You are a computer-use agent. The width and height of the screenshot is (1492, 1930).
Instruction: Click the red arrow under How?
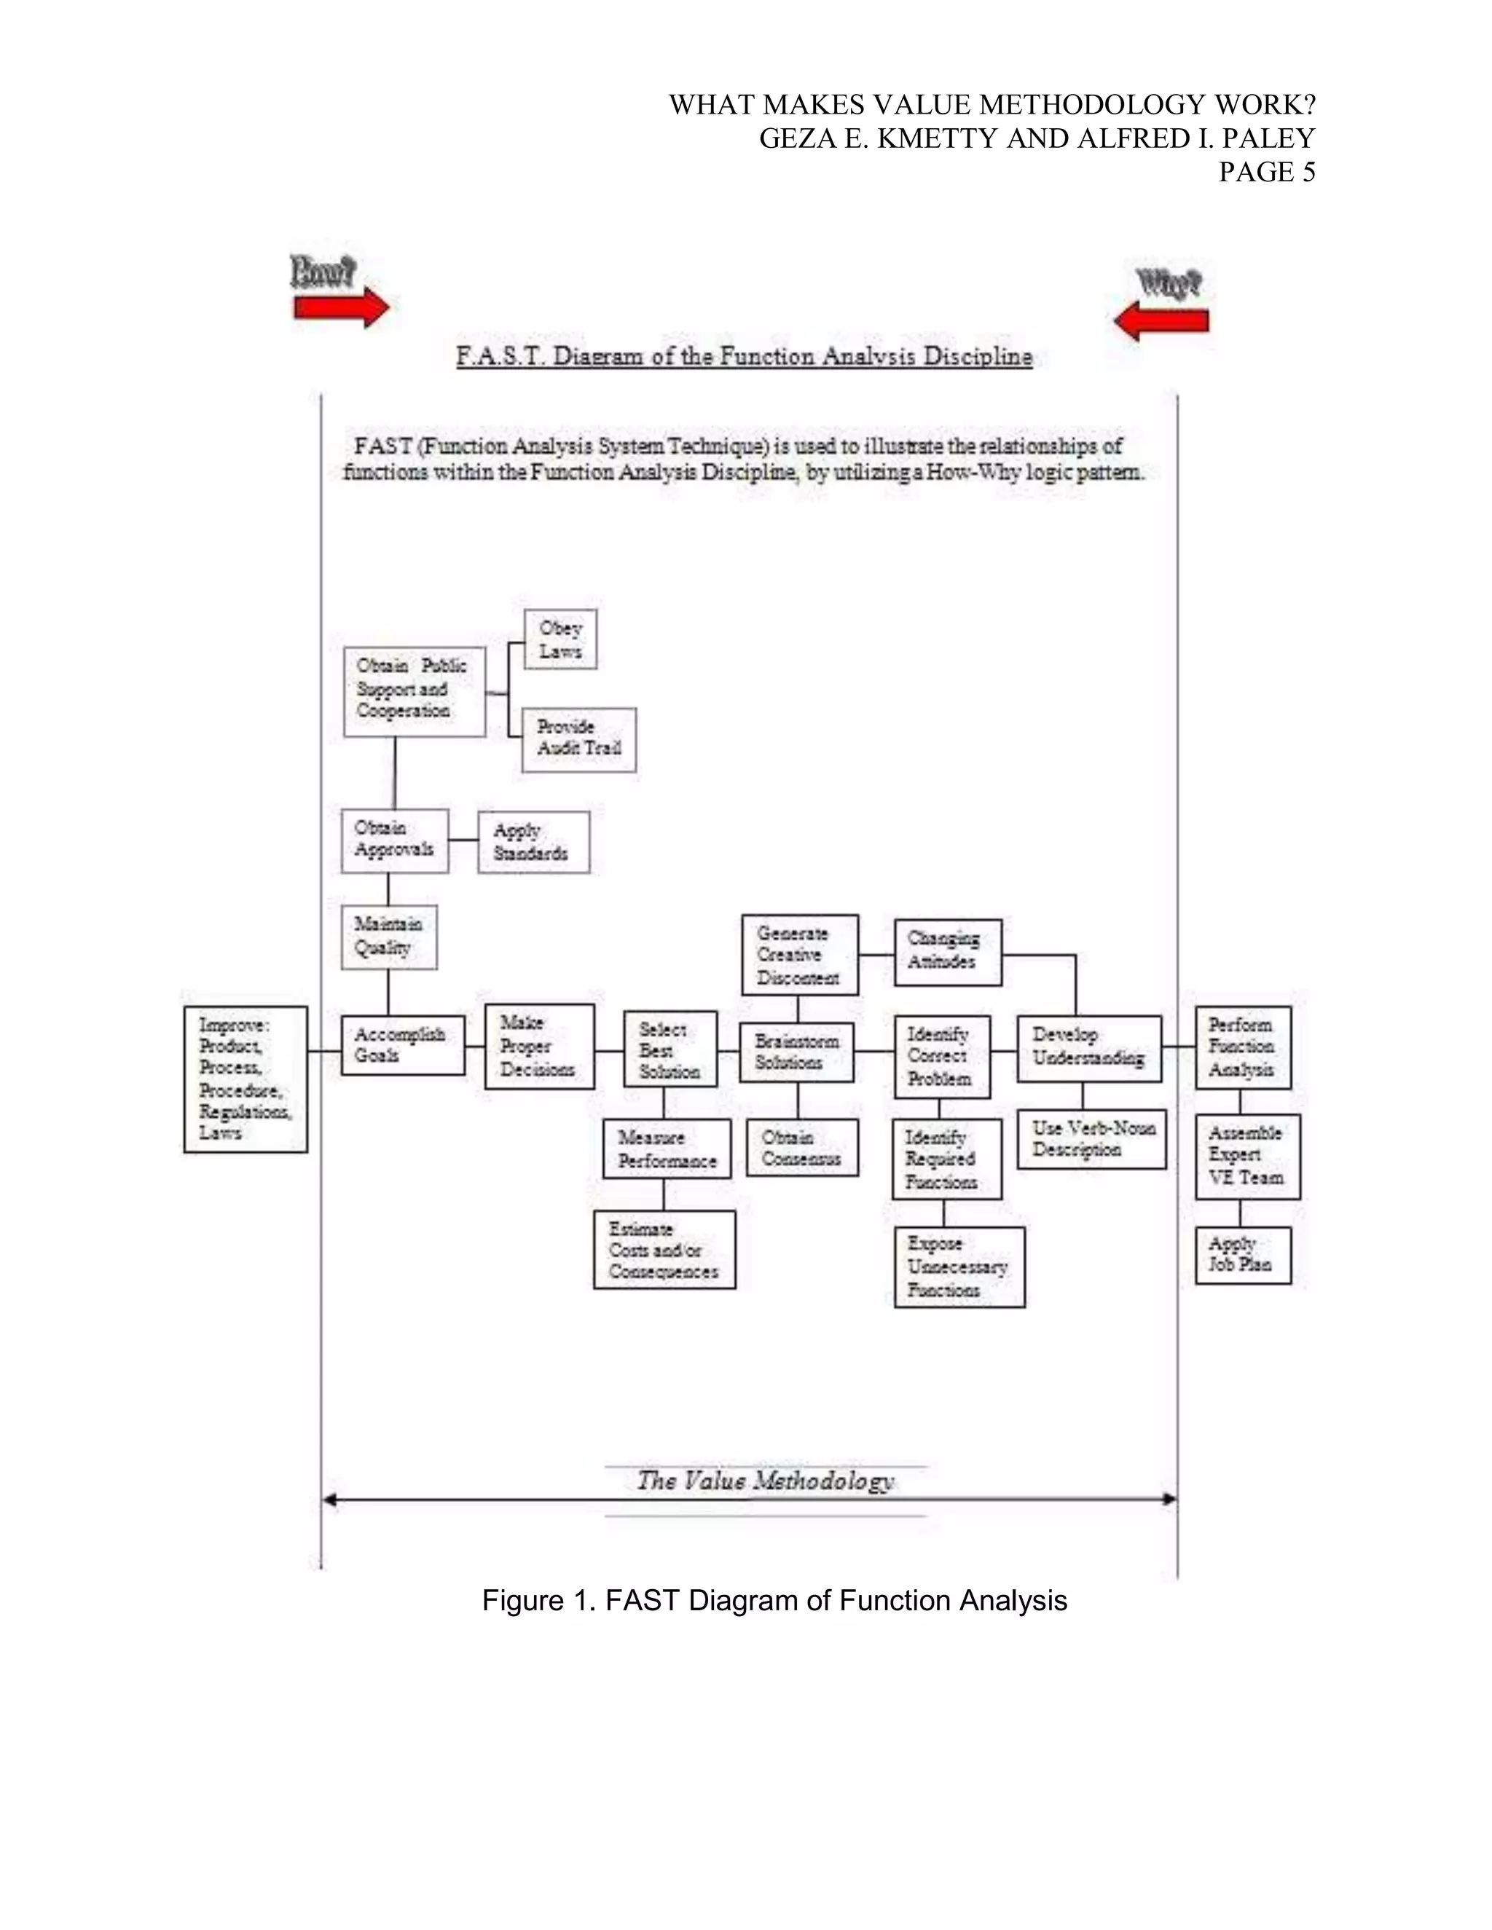341,308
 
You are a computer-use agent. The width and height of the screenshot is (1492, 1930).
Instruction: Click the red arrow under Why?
1161,320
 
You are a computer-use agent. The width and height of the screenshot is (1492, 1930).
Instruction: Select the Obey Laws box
560,639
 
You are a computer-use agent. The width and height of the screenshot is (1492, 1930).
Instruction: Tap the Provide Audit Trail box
579,738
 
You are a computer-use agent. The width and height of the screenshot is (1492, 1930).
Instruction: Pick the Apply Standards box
533,842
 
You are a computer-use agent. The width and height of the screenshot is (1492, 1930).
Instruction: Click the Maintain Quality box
389,937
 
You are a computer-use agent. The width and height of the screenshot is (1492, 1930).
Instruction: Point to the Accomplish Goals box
403,1045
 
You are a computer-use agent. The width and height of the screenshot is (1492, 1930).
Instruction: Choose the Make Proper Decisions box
539,1047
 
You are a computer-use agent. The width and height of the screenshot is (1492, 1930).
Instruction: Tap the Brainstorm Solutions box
796,1052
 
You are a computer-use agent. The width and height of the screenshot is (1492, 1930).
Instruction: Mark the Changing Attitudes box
948,952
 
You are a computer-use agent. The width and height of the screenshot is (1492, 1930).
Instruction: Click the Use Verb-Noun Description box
1091,1139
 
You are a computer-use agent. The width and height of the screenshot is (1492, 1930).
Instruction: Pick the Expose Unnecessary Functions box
959,1267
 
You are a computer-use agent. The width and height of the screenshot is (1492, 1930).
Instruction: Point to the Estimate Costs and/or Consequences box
664,1250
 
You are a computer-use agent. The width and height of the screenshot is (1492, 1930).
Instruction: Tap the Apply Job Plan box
1243,1255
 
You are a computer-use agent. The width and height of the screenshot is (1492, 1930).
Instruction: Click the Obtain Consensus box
801,1148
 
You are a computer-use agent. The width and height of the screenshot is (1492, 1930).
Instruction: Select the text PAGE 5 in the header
1267,173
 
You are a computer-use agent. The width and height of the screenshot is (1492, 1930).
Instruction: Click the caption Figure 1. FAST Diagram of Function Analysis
774,1600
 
